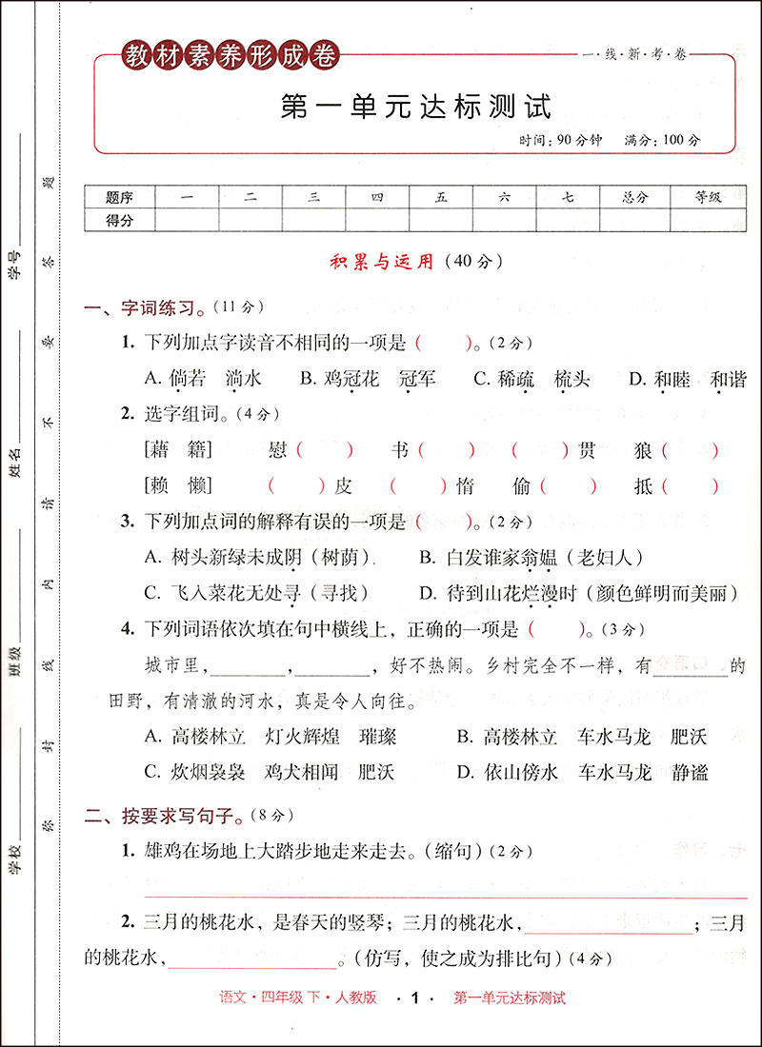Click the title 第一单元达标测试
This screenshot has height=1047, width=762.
tap(416, 106)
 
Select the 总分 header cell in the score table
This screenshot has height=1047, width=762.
tap(632, 198)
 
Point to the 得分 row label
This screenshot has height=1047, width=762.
tap(119, 220)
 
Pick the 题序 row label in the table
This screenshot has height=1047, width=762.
tap(119, 198)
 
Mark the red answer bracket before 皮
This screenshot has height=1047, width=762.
tap(296, 486)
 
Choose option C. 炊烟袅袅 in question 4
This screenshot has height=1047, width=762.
tap(194, 772)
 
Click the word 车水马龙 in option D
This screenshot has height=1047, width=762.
tap(614, 772)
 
